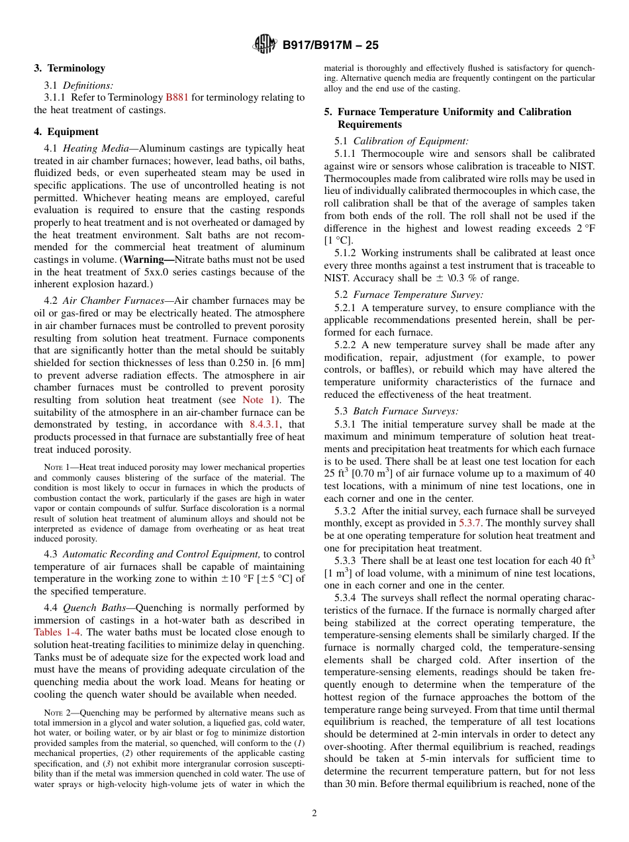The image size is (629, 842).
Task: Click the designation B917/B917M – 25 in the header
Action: click(330, 46)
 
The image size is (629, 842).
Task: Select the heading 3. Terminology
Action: click(70, 68)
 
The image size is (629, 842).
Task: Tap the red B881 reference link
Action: click(177, 97)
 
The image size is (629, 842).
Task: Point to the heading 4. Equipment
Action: click(66, 132)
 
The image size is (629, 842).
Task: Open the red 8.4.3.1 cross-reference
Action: click(267, 424)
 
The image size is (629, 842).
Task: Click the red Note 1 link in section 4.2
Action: click(252, 400)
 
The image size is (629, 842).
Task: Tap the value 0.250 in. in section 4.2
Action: click(256, 363)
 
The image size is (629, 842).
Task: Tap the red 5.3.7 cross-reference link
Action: click(469, 524)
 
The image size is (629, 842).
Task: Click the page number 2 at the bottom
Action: click(314, 814)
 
